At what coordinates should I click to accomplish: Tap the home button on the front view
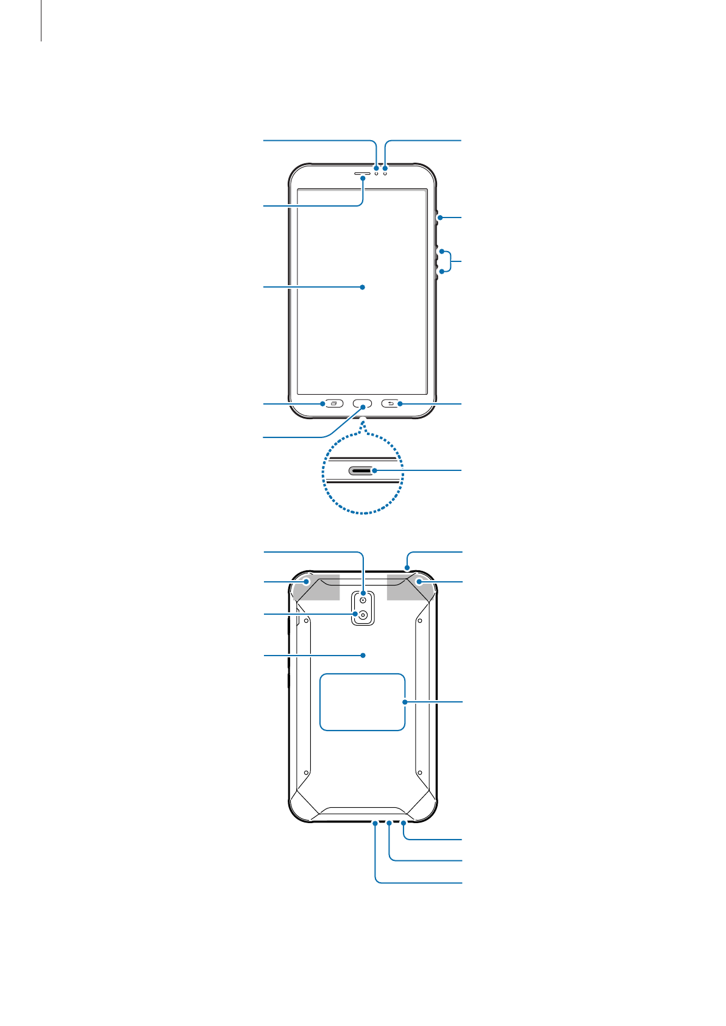pyautogui.click(x=363, y=404)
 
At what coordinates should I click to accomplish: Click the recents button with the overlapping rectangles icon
pyautogui.click(x=333, y=403)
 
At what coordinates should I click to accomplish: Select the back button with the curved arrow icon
pyautogui.click(x=391, y=403)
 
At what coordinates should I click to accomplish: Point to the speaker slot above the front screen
pyautogui.click(x=362, y=174)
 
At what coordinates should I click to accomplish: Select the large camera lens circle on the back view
pyautogui.click(x=363, y=615)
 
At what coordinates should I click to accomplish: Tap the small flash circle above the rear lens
pyautogui.click(x=363, y=600)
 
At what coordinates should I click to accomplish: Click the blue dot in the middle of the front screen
pyautogui.click(x=363, y=287)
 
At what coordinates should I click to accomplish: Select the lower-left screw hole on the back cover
pyautogui.click(x=306, y=773)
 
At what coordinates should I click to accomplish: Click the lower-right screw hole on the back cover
pyautogui.click(x=419, y=773)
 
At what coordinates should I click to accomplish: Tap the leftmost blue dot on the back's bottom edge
pyautogui.click(x=375, y=823)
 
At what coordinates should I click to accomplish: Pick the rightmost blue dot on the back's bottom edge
pyautogui.click(x=404, y=823)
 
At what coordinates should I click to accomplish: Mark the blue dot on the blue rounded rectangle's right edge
pyautogui.click(x=405, y=702)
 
